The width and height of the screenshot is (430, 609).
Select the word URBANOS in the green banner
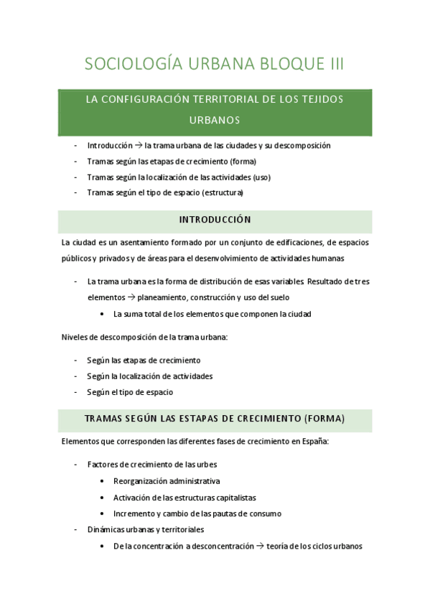pos(215,119)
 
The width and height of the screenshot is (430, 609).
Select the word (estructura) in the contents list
pos(223,192)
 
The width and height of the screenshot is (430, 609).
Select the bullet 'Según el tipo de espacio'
pos(130,392)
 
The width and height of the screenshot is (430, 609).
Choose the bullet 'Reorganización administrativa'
pos(167,480)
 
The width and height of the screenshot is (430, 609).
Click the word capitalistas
pos(233,497)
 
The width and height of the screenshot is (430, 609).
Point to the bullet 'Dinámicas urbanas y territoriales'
pos(145,529)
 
